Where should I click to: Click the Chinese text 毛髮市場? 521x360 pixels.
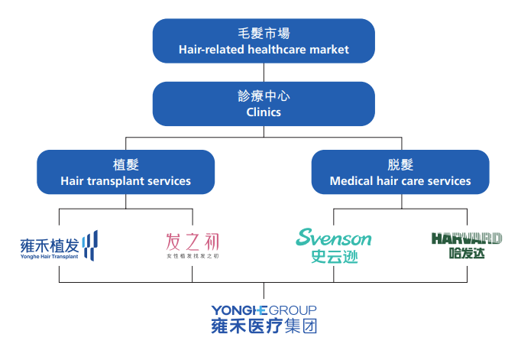tap(264, 34)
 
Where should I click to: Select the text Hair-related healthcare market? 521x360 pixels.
tap(264, 50)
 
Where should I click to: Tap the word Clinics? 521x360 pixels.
tap(264, 112)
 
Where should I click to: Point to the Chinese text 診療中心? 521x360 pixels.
tap(264, 97)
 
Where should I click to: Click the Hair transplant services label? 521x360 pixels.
tap(126, 181)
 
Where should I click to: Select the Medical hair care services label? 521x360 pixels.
tap(400, 181)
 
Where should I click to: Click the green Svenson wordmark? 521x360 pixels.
tap(334, 238)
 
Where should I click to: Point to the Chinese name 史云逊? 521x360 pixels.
tap(334, 257)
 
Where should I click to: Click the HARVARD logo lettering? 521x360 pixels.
tap(466, 238)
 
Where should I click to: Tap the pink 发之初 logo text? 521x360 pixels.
tap(193, 242)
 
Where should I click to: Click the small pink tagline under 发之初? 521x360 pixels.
tap(193, 256)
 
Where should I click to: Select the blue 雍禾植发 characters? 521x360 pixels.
tap(50, 245)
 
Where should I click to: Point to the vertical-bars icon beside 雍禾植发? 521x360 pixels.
tap(90, 245)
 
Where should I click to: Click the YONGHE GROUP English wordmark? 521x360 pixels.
tap(264, 310)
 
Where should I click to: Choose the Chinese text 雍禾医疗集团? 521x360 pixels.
tap(264, 326)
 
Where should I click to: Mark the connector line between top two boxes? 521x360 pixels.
tap(264, 73)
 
